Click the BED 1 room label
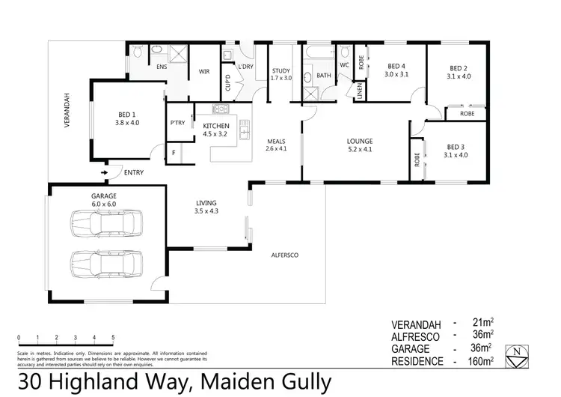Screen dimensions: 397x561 coord(127,114)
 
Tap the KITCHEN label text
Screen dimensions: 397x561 coord(216,126)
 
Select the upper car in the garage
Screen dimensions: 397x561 coord(105,222)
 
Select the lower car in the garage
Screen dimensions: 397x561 coord(105,262)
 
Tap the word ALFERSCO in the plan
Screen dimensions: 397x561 coord(284,255)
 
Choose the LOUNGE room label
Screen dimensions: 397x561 coord(360,141)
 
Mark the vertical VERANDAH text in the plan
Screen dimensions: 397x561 coord(67,111)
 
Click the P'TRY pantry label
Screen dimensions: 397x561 coord(177,122)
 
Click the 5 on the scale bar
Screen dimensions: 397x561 coord(113,338)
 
